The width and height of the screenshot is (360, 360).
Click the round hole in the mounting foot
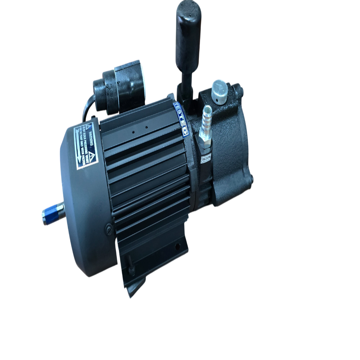[177, 247]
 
